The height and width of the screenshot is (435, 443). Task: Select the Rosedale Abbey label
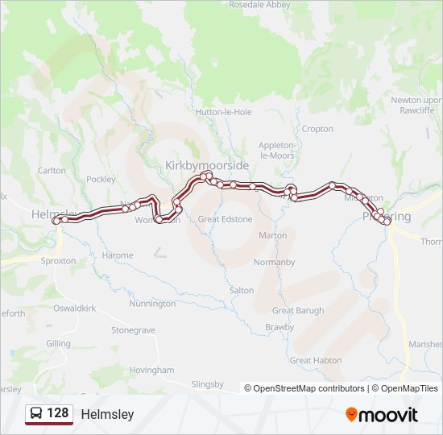coord(259,5)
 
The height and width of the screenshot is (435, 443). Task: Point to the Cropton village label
coord(317,129)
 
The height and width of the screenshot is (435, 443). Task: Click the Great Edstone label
coord(225,219)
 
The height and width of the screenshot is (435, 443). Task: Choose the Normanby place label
coord(274,263)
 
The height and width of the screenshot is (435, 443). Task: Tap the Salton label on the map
coord(242,290)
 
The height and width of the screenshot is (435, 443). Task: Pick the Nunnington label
coord(152,304)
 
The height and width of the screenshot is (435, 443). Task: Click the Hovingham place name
coord(151,370)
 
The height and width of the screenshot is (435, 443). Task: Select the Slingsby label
coord(207,384)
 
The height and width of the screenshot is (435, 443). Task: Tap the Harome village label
coord(118,255)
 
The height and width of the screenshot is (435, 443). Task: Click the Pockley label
coord(101,180)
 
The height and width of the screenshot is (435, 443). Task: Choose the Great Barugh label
coord(298,310)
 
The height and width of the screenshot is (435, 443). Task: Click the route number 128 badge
coord(57,413)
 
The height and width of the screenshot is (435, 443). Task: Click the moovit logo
coord(382,415)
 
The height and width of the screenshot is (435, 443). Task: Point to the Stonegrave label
coord(134,330)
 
